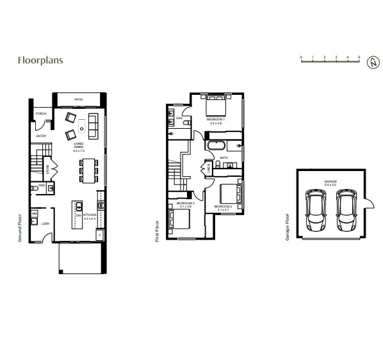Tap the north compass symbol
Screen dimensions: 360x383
click(372, 62)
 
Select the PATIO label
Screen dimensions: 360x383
click(78, 100)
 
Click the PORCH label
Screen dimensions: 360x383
click(41, 114)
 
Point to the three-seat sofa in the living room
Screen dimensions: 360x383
click(94, 125)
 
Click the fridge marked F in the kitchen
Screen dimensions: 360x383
click(101, 236)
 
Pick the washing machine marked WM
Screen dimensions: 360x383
click(35, 213)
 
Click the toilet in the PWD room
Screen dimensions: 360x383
click(34, 188)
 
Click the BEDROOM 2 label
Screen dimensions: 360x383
click(222, 207)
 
